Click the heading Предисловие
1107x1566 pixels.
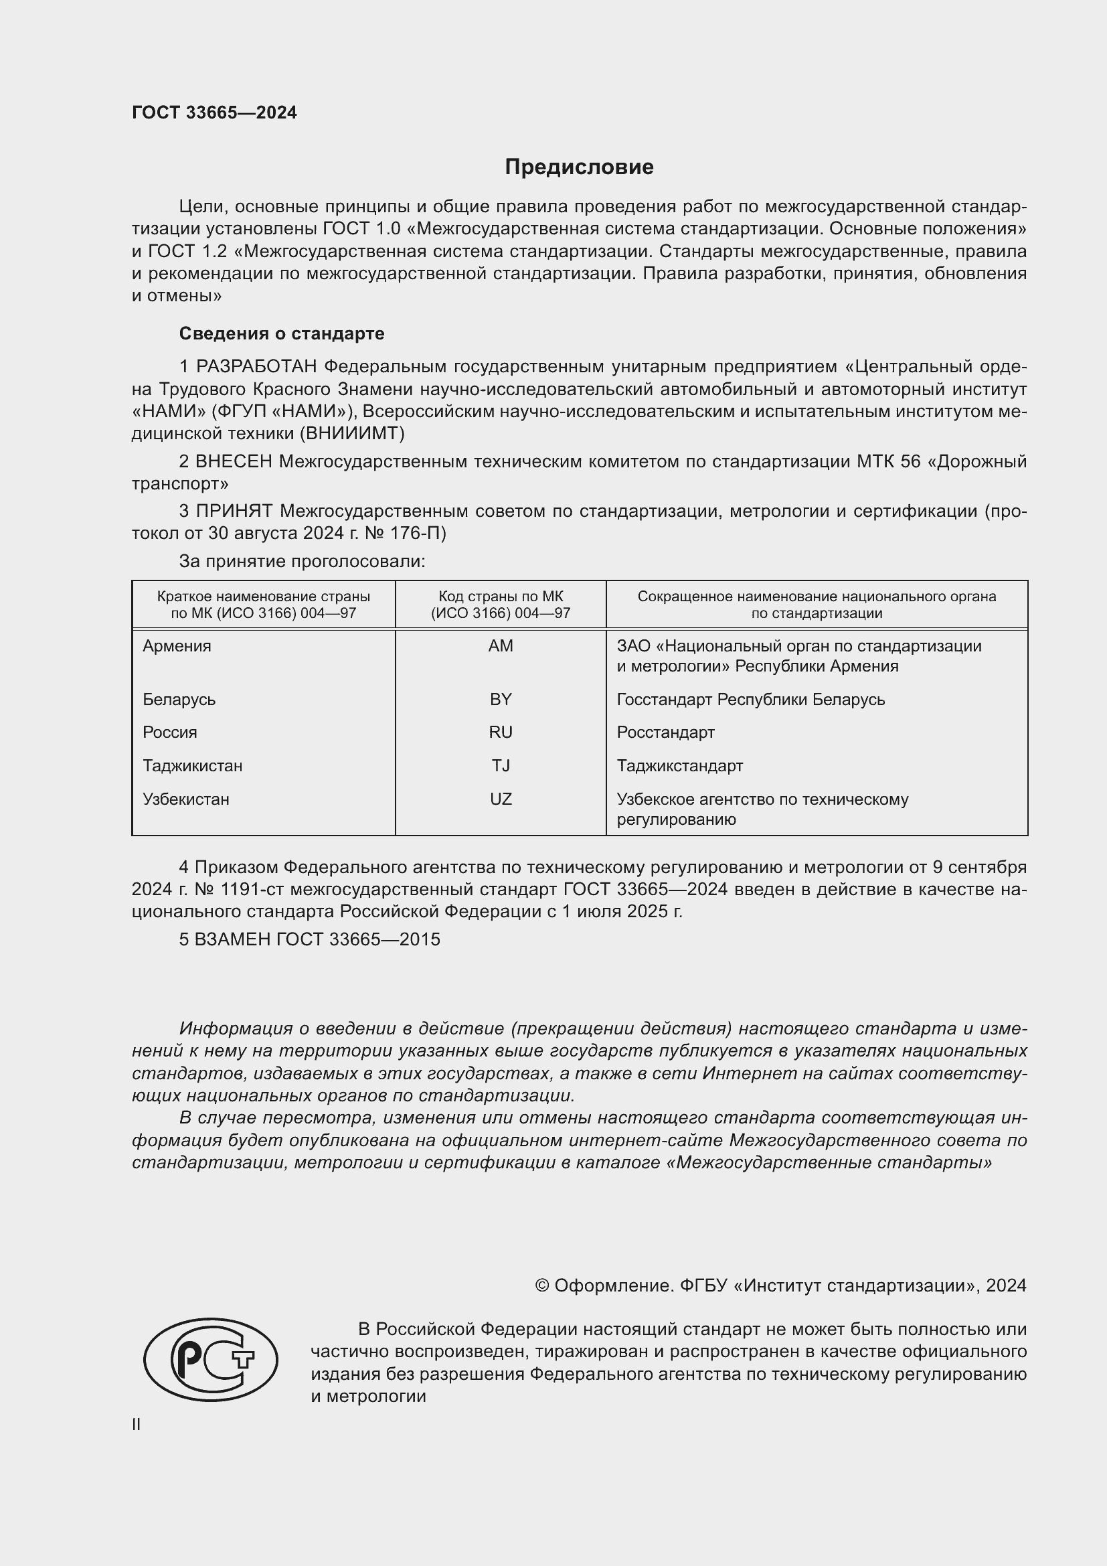click(x=579, y=167)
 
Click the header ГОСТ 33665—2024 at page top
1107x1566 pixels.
click(x=214, y=112)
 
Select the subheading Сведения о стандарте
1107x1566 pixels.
click(x=281, y=333)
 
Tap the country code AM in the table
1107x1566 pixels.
click(x=501, y=646)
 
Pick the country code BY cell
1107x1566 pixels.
click(x=501, y=699)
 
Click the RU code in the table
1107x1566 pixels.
click(x=501, y=732)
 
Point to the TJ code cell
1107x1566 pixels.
click(x=501, y=765)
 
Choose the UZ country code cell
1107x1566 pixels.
click(x=501, y=799)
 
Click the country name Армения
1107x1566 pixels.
click(x=177, y=646)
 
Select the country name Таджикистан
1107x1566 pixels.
click(x=192, y=765)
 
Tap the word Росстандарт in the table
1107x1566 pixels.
click(x=665, y=732)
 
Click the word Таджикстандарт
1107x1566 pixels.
click(x=679, y=765)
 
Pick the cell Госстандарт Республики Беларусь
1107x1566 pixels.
click(x=750, y=699)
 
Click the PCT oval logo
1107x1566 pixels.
click(x=211, y=1359)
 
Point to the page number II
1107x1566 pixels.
click(x=137, y=1424)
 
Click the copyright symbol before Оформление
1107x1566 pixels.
click(x=542, y=1285)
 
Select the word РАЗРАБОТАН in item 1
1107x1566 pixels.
click(x=256, y=367)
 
